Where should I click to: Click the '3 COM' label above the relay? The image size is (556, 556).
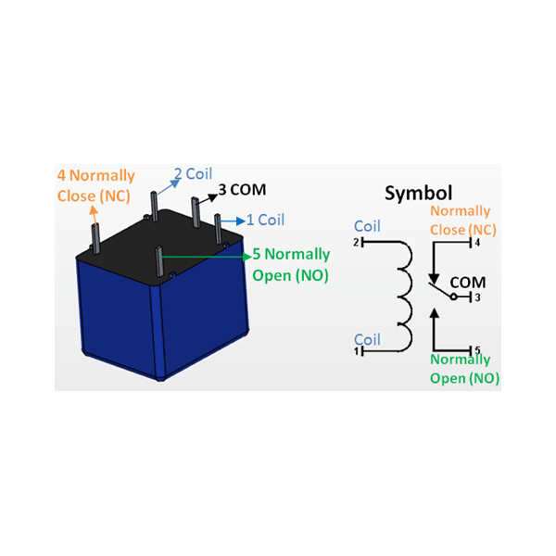(242, 190)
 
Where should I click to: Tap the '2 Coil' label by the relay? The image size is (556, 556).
(194, 174)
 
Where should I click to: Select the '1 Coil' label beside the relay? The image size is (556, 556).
(266, 220)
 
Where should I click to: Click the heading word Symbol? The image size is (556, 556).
(419, 194)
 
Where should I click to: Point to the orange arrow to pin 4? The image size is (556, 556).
(94, 215)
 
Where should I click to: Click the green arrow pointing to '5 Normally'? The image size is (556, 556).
(206, 257)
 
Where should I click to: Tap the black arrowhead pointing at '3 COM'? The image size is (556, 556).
(213, 197)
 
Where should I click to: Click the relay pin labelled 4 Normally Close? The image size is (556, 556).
(95, 238)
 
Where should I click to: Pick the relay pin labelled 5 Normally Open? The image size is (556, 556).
(159, 261)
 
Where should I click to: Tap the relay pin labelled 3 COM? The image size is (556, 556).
(196, 212)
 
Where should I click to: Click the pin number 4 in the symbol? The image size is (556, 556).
(477, 243)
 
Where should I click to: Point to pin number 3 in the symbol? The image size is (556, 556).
(477, 297)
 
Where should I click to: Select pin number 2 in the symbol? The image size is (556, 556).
(357, 243)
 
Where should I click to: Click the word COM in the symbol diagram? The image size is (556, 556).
(468, 283)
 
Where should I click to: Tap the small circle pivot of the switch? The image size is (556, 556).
(453, 297)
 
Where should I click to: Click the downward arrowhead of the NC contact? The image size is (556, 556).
(434, 279)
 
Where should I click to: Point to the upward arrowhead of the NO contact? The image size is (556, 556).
(434, 313)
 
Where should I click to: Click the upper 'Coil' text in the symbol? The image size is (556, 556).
(367, 226)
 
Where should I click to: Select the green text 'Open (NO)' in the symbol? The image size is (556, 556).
(464, 378)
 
